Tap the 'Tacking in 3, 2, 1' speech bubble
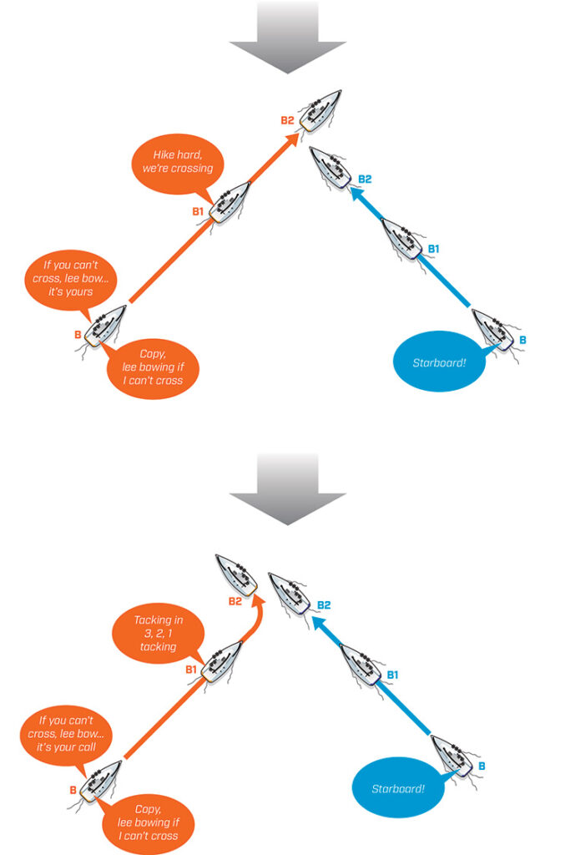[x=158, y=633]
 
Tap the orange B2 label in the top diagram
[x=287, y=120]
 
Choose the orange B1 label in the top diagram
[x=199, y=211]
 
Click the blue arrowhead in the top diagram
[x=355, y=194]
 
